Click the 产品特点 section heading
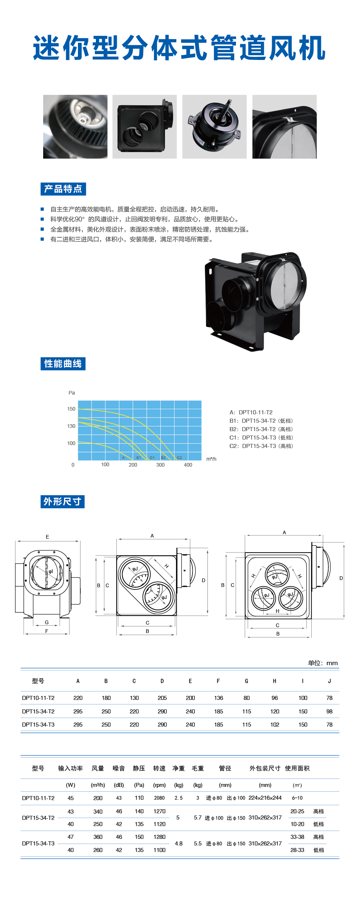[63, 189]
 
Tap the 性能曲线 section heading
[63, 364]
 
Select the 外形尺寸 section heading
[62, 502]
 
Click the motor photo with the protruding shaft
[214, 127]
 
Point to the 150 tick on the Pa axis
[71, 409]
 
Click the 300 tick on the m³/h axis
[160, 465]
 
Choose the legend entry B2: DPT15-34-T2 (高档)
[261, 429]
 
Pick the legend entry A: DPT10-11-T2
[251, 412]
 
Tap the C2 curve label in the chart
[179, 457]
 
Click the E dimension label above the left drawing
[47, 537]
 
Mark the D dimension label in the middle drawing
[203, 580]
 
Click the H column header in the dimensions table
[274, 681]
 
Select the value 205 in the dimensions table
[162, 698]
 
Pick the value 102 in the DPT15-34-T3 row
[274, 724]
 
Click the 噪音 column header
[119, 768]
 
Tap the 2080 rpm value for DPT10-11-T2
[159, 798]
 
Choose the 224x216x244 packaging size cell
[265, 798]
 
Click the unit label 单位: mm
[323, 663]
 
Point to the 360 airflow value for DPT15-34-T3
[98, 837]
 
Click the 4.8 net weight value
[179, 843]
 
